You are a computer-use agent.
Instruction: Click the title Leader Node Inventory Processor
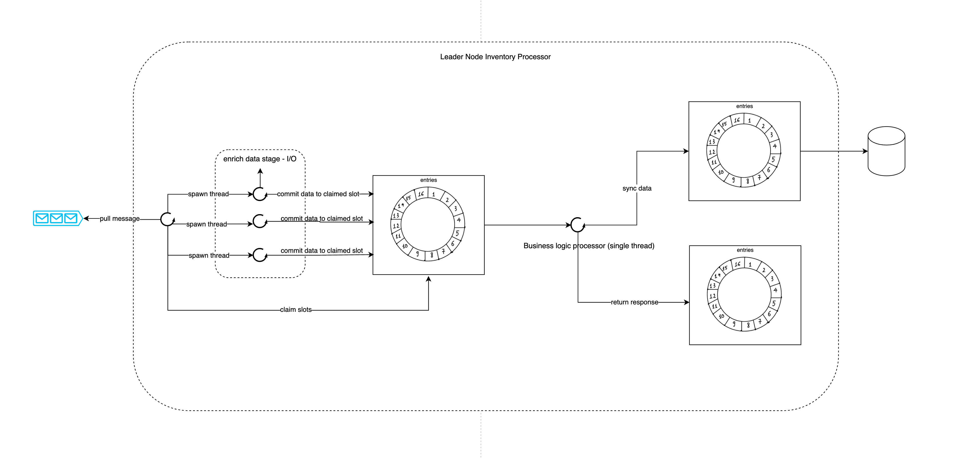pyautogui.click(x=495, y=57)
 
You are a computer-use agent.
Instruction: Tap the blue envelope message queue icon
pyautogui.click(x=57, y=218)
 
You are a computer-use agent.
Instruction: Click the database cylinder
pyautogui.click(x=886, y=151)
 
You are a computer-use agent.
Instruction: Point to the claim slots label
pyautogui.click(x=296, y=310)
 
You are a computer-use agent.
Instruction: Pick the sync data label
pyautogui.click(x=637, y=188)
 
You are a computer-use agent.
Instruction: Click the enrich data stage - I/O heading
pyautogui.click(x=260, y=159)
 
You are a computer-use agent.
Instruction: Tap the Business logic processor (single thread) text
pyautogui.click(x=589, y=246)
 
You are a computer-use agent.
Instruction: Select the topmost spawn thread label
pyautogui.click(x=208, y=194)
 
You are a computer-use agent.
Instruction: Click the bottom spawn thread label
pyautogui.click(x=209, y=255)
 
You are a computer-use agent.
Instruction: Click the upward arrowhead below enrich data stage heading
pyautogui.click(x=260, y=171)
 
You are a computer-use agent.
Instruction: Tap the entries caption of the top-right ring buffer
pyautogui.click(x=744, y=106)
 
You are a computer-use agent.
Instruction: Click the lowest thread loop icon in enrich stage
pyautogui.click(x=260, y=255)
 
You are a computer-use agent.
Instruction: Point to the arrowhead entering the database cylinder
pyautogui.click(x=865, y=151)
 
